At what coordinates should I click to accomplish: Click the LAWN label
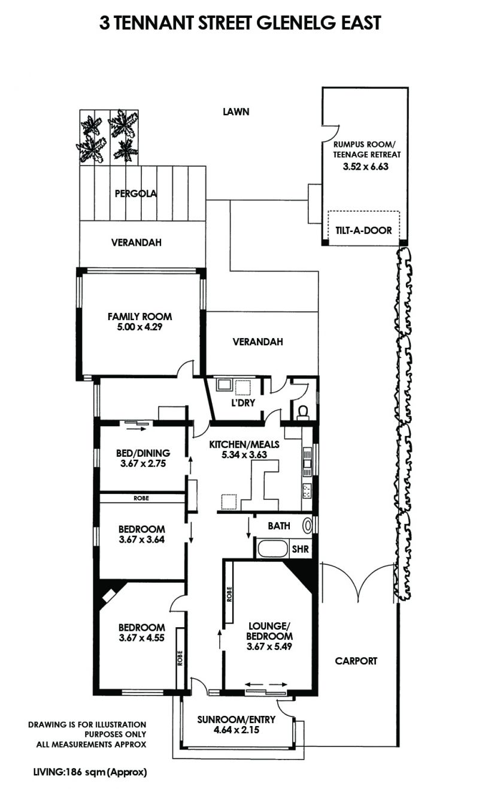coord(236,112)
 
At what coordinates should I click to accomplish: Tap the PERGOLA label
coord(136,194)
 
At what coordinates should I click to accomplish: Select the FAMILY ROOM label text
coord(140,317)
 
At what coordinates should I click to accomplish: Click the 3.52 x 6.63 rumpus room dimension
coord(366,166)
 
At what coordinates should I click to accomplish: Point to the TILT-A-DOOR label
coord(363,230)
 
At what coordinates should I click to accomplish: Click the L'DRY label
coord(243,403)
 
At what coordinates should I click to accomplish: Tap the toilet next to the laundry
coord(303,412)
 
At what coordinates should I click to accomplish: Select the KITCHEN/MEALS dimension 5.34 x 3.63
coord(244,454)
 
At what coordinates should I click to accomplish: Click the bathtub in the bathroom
coord(273,549)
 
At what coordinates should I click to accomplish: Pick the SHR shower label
coord(301,549)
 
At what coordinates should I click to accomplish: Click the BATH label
coord(279,526)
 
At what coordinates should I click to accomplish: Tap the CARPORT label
coord(356,661)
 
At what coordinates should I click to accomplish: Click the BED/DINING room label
coord(143,453)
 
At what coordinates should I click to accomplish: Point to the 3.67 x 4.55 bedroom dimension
coord(142,637)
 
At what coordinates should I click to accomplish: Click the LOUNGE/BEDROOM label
coord(269,631)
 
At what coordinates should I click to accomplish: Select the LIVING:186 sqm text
coord(69,772)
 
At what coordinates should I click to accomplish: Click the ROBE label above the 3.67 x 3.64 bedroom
coord(141,498)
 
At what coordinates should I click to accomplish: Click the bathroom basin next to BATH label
coord(308,526)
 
